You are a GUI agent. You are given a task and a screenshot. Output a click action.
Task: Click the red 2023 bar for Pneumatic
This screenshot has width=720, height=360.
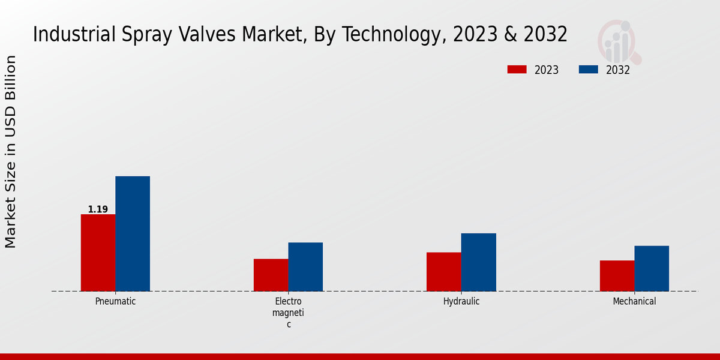(x=98, y=253)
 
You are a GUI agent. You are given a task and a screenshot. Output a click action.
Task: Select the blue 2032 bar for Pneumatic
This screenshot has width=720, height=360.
(x=133, y=233)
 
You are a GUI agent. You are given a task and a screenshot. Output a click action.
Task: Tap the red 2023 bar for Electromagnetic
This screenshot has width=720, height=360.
(x=271, y=275)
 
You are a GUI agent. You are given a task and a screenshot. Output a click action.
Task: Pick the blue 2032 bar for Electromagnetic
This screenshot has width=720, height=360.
(x=305, y=267)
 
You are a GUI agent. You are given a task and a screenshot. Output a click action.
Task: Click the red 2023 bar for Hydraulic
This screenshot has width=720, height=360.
(x=444, y=272)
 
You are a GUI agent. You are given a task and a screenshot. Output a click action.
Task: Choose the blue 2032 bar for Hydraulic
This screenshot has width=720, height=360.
(x=479, y=262)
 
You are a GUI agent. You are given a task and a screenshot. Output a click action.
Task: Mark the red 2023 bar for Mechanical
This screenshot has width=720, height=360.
(x=617, y=276)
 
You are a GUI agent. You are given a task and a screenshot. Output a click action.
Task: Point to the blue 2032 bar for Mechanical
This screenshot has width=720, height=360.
(x=652, y=268)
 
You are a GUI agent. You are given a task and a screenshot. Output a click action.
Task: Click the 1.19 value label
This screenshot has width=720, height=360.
(x=98, y=209)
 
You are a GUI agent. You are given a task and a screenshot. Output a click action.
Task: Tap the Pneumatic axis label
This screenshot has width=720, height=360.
(x=115, y=301)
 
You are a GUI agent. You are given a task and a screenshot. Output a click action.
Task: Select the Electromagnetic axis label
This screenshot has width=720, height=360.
(x=288, y=313)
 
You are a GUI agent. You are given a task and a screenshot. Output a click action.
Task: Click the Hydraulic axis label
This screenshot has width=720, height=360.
(x=461, y=301)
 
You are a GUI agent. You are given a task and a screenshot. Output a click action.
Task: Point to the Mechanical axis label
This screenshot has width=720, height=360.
(x=634, y=301)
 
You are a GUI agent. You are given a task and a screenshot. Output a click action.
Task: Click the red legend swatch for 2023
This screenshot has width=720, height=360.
(x=516, y=70)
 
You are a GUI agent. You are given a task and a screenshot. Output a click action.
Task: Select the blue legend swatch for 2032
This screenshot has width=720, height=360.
(x=588, y=70)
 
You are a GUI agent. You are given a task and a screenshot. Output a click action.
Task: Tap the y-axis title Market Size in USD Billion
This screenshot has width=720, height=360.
(x=11, y=151)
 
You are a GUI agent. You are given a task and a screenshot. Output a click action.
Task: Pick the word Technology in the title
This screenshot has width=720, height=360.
(x=394, y=34)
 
